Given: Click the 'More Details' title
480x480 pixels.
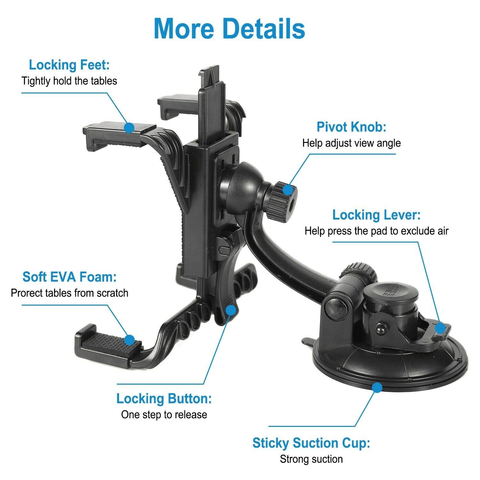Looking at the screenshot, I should tap(229, 29).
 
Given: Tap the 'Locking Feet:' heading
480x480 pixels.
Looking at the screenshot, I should tap(69, 65).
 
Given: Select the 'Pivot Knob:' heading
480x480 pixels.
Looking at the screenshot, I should tap(351, 127).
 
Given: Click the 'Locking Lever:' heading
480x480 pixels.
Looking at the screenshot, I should tap(376, 215).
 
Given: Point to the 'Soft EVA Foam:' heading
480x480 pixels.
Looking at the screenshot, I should tap(69, 277).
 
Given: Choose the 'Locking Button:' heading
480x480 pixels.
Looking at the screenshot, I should tap(164, 399).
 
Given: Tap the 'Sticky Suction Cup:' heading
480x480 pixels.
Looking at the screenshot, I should tap(311, 443).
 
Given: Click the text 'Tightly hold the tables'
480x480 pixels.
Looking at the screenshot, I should tap(69, 81).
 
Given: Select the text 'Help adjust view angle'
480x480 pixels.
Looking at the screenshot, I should tap(351, 143).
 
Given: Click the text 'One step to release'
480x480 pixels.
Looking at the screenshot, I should tap(164, 415).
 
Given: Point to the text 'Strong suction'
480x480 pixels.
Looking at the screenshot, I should tap(311, 459).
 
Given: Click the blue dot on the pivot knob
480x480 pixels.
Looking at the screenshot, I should tap(288, 190).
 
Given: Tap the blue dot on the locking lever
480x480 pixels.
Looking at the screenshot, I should tap(440, 328).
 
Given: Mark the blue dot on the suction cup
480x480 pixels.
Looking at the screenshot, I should tap(378, 388).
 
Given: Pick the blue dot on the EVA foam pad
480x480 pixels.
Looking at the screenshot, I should tap(129, 340).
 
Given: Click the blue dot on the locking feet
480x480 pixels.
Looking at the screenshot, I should tap(129, 127).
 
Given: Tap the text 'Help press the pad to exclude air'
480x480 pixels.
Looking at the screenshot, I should tap(376, 231).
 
